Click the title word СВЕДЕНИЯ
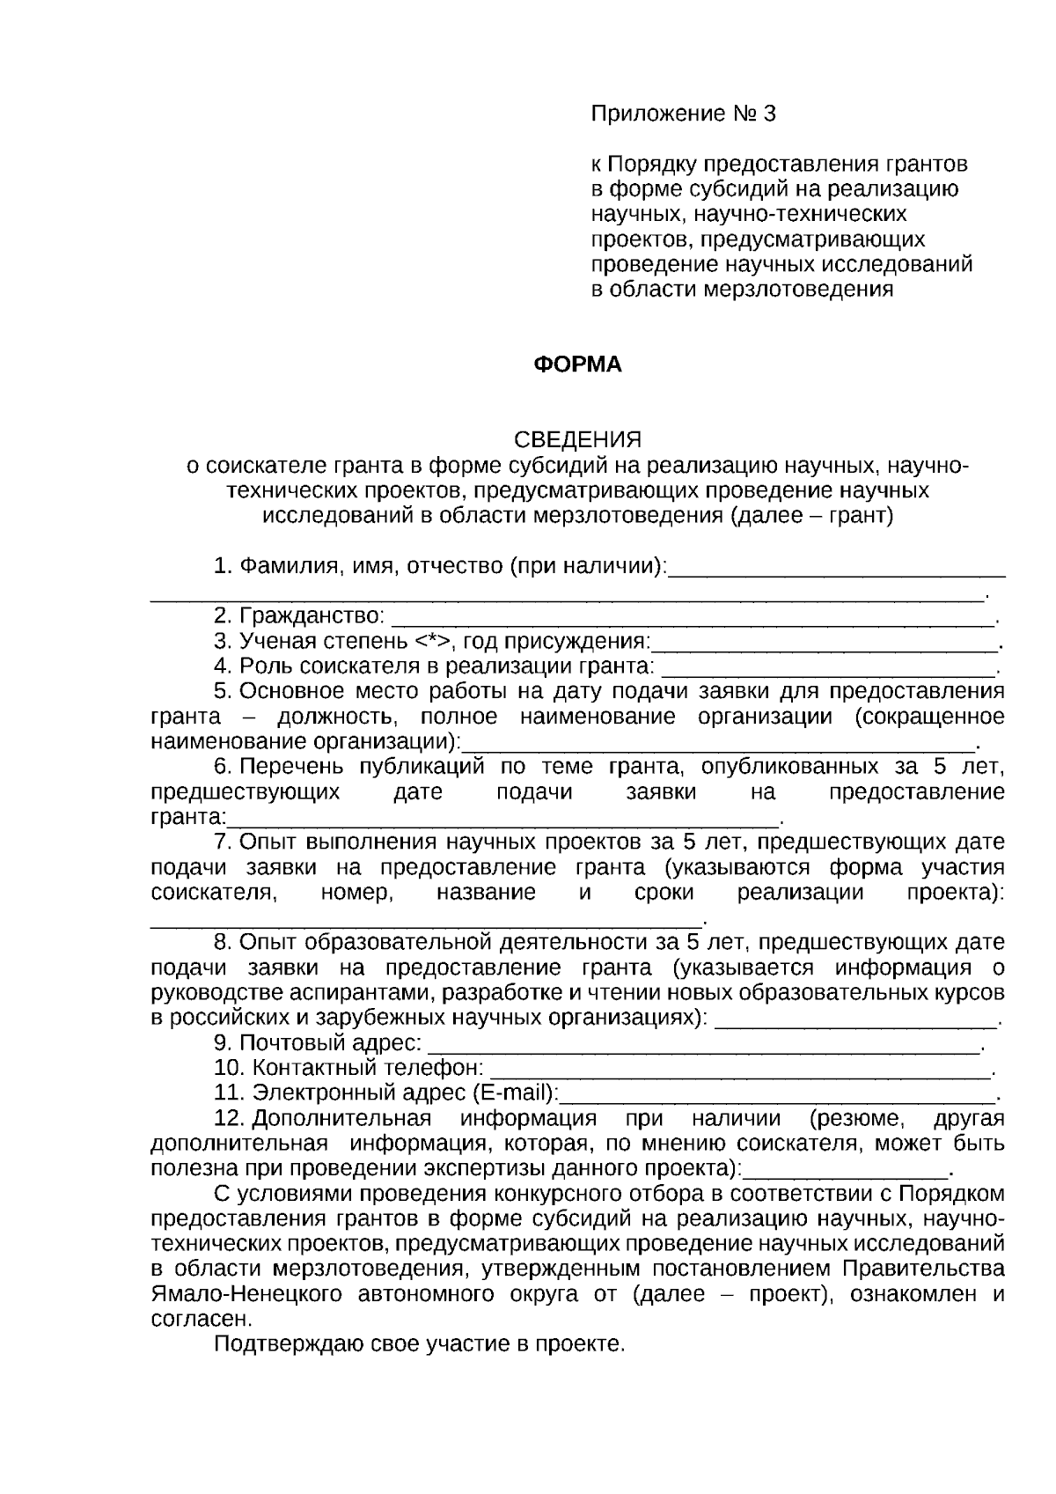point(577,439)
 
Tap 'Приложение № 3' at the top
point(684,114)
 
